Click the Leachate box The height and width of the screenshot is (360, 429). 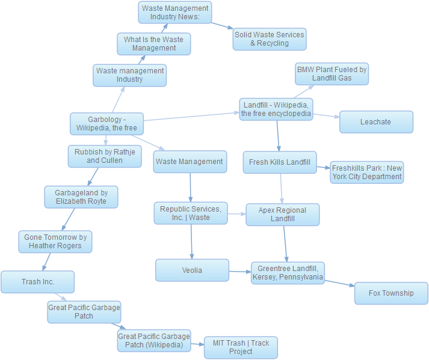tap(376, 122)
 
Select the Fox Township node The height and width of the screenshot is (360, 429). tap(391, 293)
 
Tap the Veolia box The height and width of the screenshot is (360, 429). tap(192, 270)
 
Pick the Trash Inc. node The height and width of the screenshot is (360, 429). tap(37, 282)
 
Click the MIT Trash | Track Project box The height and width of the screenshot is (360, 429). tap(241, 347)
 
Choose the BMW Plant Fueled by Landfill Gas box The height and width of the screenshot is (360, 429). tap(332, 74)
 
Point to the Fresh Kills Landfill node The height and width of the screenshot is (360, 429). tap(280, 162)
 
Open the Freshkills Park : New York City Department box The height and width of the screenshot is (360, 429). tap(366, 172)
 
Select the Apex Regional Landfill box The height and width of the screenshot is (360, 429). tap(282, 215)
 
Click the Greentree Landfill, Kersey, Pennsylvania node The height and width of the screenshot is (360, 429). tap(288, 273)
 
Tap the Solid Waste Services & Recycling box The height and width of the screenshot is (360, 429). tap(269, 39)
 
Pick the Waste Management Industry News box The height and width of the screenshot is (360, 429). tap(174, 13)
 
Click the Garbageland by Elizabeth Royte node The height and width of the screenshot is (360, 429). tap(81, 197)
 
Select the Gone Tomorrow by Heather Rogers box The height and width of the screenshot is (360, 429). tap(55, 242)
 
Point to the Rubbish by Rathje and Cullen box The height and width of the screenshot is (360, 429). tap(104, 156)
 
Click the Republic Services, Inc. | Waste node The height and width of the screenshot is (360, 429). tap(191, 213)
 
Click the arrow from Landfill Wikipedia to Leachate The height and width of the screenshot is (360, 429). tap(326, 115)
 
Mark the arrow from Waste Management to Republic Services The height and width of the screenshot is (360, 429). tap(190, 188)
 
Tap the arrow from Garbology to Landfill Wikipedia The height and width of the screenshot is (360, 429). tap(191, 116)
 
